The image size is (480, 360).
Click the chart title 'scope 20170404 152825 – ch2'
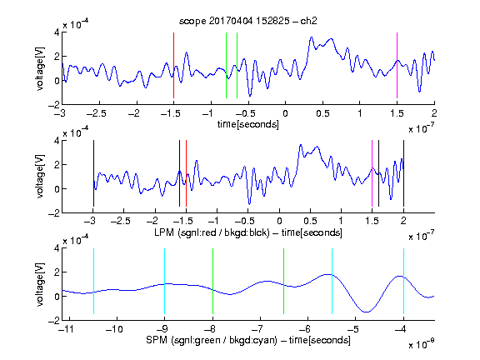click(248, 21)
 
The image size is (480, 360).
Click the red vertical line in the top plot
click(173, 65)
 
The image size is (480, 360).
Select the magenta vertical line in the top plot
click(397, 65)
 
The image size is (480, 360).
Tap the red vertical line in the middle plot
click(186, 173)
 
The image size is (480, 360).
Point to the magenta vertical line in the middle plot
click(372, 173)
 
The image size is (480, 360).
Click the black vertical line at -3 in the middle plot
click(93, 173)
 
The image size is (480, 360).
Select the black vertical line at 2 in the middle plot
click(403, 173)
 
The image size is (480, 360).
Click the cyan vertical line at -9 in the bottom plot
click(164, 281)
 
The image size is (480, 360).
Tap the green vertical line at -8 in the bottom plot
click(212, 281)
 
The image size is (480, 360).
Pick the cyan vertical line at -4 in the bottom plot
click(403, 281)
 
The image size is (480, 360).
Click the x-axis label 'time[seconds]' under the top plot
click(248, 125)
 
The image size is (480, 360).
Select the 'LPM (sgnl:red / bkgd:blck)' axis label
click(212, 232)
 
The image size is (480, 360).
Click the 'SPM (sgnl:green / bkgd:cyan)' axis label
click(212, 340)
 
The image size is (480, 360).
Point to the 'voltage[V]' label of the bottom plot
click(40, 284)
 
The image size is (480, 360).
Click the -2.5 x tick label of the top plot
click(97, 113)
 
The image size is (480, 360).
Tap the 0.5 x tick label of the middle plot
click(310, 221)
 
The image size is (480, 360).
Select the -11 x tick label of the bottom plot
click(66, 329)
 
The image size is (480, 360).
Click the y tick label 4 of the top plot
click(57, 32)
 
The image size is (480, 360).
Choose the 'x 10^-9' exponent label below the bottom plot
click(421, 344)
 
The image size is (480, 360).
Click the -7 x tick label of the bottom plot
click(257, 329)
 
